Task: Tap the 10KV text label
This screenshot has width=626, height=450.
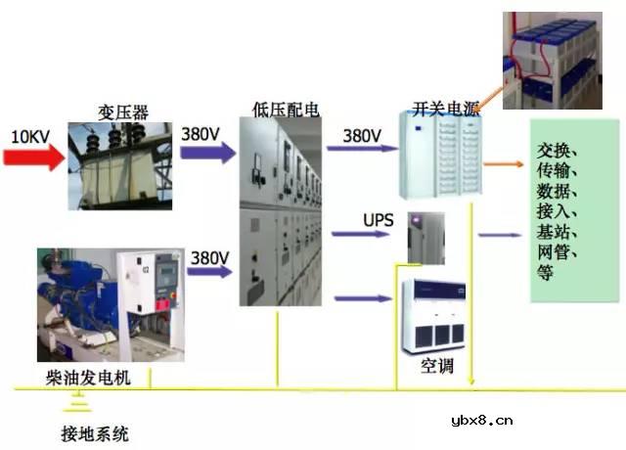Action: [30, 135]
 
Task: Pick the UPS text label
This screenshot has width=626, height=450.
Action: [378, 220]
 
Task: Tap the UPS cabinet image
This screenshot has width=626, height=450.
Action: [425, 237]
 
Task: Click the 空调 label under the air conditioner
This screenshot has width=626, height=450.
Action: [436, 367]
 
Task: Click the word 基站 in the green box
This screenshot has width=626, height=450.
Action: [559, 232]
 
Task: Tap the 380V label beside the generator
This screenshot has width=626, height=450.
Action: [210, 257]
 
